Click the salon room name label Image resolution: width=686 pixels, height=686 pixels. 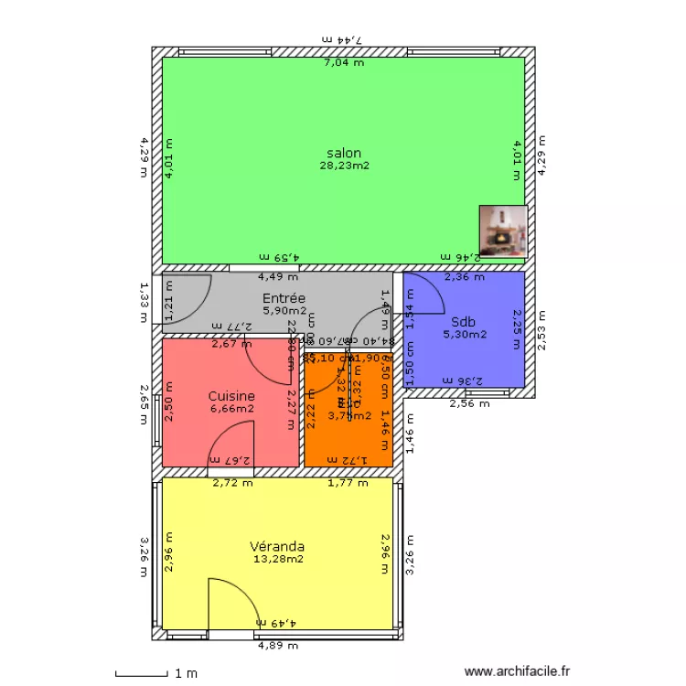tap(343, 154)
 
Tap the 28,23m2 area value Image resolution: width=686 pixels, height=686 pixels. tap(343, 166)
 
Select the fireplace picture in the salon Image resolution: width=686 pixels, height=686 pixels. tap(503, 230)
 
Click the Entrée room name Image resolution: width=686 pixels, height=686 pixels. tap(284, 298)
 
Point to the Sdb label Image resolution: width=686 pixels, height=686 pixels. tap(463, 322)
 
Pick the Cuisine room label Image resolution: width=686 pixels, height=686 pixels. tap(230, 396)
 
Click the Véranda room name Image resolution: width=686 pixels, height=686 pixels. tap(277, 547)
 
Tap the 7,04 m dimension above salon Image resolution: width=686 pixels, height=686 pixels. tap(343, 63)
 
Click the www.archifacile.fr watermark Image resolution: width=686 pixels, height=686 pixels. tap(517, 671)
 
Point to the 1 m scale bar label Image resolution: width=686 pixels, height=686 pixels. tap(186, 674)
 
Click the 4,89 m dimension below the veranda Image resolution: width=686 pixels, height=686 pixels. tap(277, 645)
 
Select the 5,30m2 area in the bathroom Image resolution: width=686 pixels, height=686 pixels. tap(465, 334)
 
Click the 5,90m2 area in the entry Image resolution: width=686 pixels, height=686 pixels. tap(284, 311)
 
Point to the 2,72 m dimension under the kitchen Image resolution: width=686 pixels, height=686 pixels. tap(232, 483)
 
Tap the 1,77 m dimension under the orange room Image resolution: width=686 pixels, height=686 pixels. tap(347, 483)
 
